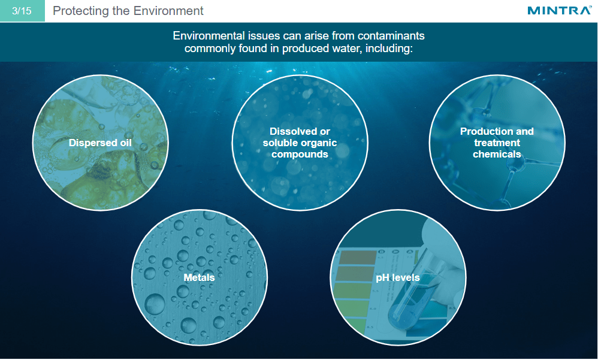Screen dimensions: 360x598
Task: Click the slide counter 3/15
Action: tap(22, 11)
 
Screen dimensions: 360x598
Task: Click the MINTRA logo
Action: tap(559, 11)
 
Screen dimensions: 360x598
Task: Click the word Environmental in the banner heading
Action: tap(207, 36)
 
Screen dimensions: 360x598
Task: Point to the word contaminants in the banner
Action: tap(390, 36)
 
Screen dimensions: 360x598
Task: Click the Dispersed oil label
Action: tap(100, 143)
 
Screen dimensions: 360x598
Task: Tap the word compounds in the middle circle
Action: tap(300, 154)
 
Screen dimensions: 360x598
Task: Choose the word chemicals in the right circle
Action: tap(497, 154)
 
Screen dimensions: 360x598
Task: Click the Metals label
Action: tap(199, 277)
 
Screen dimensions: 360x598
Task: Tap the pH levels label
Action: tap(398, 277)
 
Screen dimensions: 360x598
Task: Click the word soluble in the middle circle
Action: tap(280, 143)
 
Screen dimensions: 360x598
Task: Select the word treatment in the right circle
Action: tap(497, 143)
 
